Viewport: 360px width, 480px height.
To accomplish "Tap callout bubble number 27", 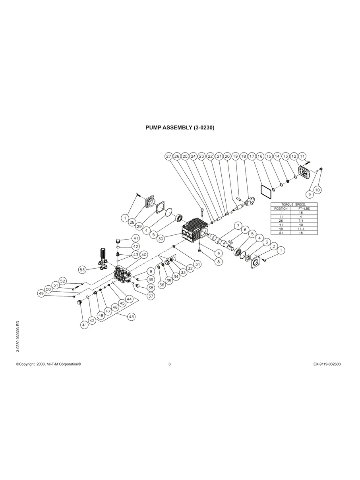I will pyautogui.click(x=168, y=156).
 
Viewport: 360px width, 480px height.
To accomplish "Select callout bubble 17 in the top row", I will pyautogui.click(x=252, y=156).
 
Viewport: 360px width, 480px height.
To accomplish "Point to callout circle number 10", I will pyautogui.click(x=317, y=190).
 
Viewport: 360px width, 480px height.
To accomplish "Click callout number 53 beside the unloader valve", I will pyautogui.click(x=82, y=270).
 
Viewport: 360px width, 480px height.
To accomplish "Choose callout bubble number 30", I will pyautogui.click(x=161, y=238).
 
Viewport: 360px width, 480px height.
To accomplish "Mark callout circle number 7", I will pyautogui.click(x=238, y=226).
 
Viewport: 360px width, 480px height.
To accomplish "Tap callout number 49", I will pyautogui.click(x=41, y=294).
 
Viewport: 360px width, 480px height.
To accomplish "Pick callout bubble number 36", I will pyautogui.click(x=161, y=285).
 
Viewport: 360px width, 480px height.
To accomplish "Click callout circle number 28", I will pyautogui.click(x=132, y=223).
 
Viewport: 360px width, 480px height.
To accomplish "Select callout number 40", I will pyautogui.click(x=143, y=254).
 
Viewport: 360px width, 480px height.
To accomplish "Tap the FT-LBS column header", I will pyautogui.click(x=300, y=209).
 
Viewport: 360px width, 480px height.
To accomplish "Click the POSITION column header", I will pyautogui.click(x=281, y=209).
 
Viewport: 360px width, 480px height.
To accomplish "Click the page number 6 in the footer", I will pyautogui.click(x=170, y=364).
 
